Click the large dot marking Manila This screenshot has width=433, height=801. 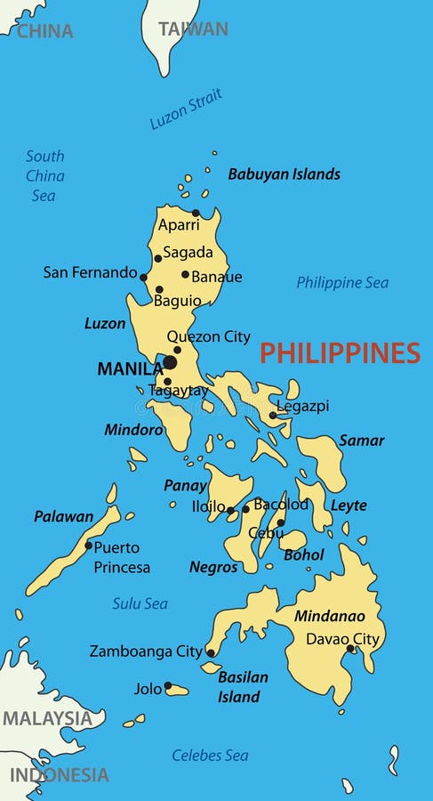(169, 362)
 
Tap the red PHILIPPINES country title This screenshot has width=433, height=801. (340, 353)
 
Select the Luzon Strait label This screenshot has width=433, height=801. (186, 109)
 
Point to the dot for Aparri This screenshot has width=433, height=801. (196, 213)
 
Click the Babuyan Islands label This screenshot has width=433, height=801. (284, 174)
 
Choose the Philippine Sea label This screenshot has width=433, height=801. (342, 283)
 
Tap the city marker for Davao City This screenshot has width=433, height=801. (351, 649)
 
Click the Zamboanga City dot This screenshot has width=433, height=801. (211, 652)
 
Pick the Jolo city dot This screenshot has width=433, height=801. (167, 685)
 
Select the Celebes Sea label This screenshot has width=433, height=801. (210, 756)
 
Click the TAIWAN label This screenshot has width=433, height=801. (193, 28)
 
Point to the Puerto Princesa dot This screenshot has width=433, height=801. (88, 546)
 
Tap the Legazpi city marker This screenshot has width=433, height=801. (272, 415)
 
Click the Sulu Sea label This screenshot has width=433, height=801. (140, 603)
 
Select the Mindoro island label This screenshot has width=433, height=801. (133, 430)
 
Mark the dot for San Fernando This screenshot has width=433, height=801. (143, 277)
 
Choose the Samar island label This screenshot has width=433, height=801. (362, 441)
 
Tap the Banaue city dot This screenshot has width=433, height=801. (185, 274)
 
